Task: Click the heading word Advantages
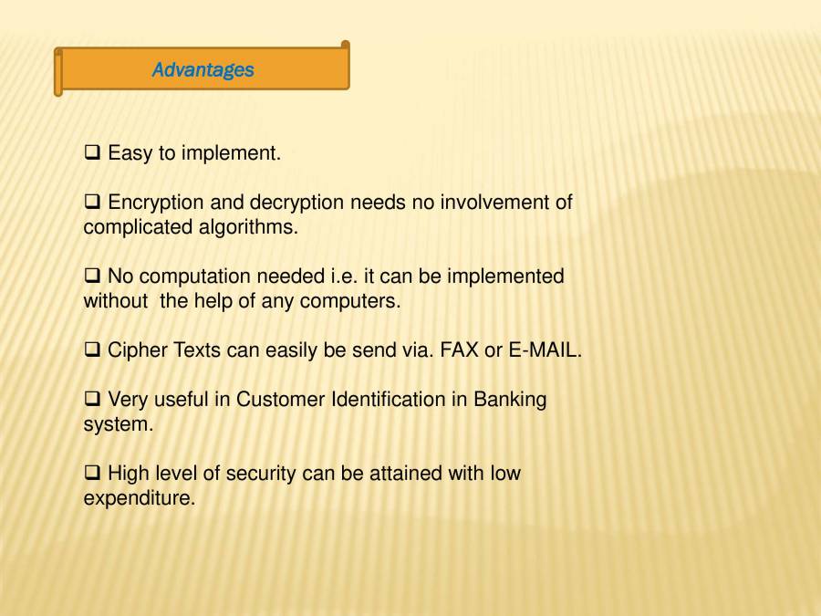pos(203,70)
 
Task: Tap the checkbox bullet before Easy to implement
pos(92,152)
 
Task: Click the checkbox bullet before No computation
pos(92,276)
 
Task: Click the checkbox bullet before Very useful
pos(92,400)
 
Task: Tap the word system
pos(118,425)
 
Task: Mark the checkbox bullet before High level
pos(92,474)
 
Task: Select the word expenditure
pos(139,499)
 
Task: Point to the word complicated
pos(138,227)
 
